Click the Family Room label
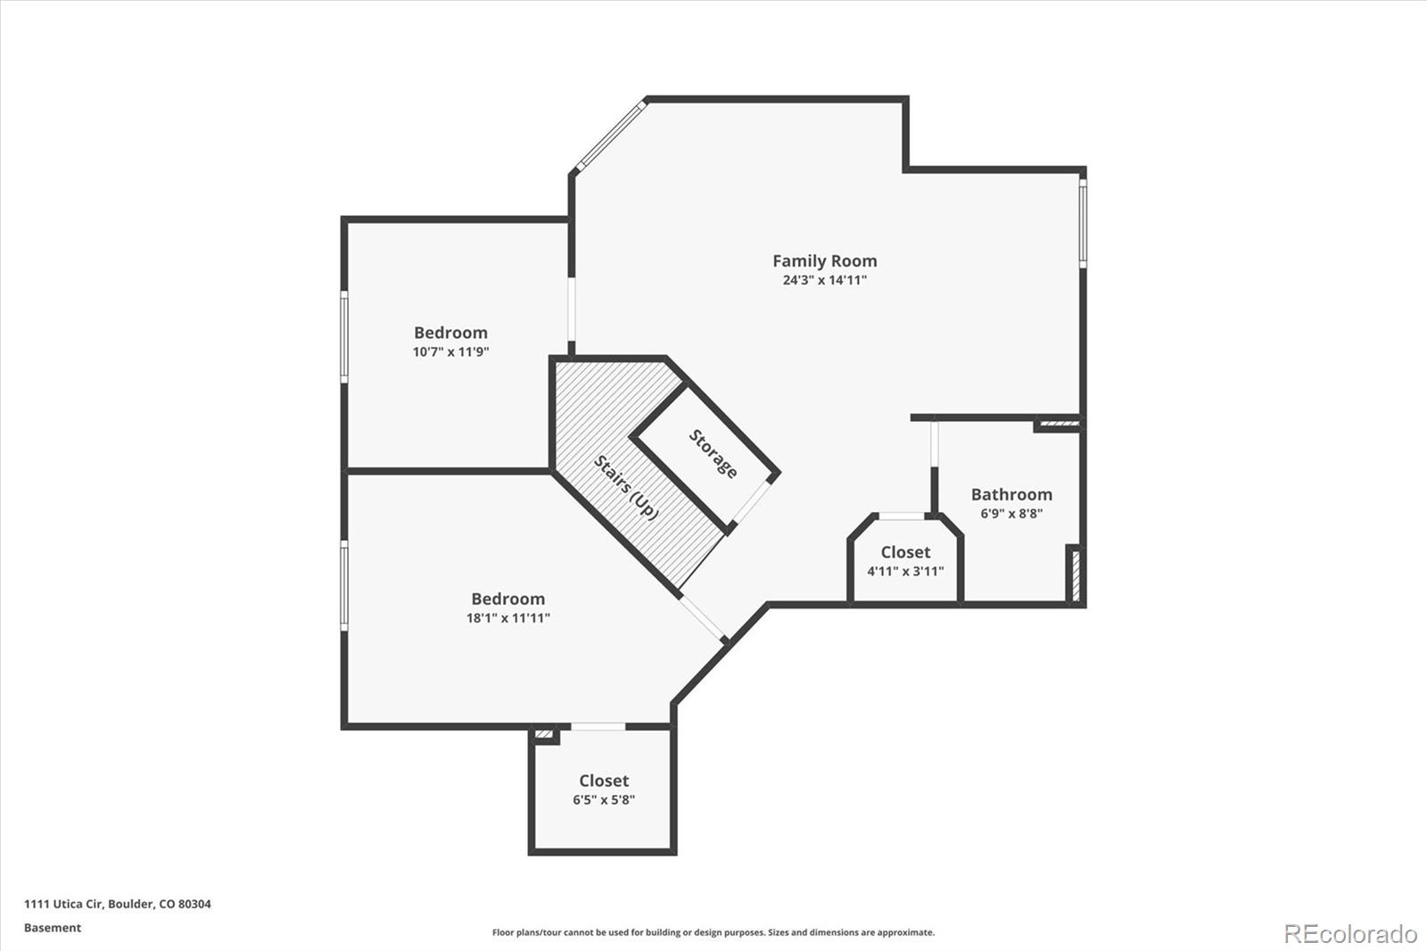(824, 260)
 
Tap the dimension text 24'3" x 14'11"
(824, 280)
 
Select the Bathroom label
(1011, 494)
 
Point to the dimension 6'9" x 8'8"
(1011, 514)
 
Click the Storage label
(713, 454)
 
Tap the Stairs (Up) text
(626, 488)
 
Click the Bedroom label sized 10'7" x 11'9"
(450, 333)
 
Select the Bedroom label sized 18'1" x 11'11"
(507, 599)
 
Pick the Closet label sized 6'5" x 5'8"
(604, 781)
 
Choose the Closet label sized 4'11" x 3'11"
(905, 552)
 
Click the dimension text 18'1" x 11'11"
(507, 618)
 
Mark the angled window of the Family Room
(611, 136)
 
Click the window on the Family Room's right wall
(1083, 222)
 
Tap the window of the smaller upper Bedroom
(344, 336)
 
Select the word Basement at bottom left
(53, 928)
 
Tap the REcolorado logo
(1350, 933)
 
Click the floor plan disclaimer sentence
(713, 932)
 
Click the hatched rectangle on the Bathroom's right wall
(1076, 575)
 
